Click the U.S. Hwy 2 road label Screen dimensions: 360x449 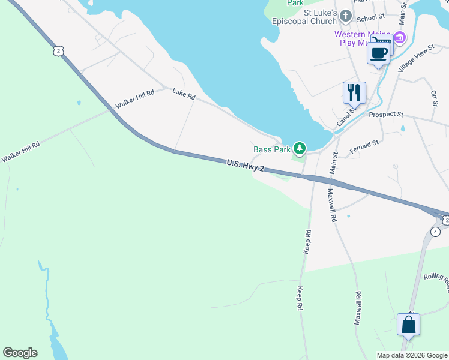click(245, 166)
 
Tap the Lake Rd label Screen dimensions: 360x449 click(184, 95)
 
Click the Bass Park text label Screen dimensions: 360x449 click(271, 149)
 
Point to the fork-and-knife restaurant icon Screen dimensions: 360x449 click(354, 92)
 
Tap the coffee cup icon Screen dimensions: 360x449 click(378, 53)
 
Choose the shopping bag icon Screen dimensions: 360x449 click(408, 325)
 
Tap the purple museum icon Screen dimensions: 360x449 click(400, 37)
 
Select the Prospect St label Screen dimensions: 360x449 click(386, 114)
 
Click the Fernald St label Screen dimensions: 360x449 click(364, 145)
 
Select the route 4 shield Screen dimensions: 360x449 click(436, 232)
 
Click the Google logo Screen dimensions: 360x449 click(20, 353)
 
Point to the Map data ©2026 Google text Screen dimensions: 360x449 click(411, 355)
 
